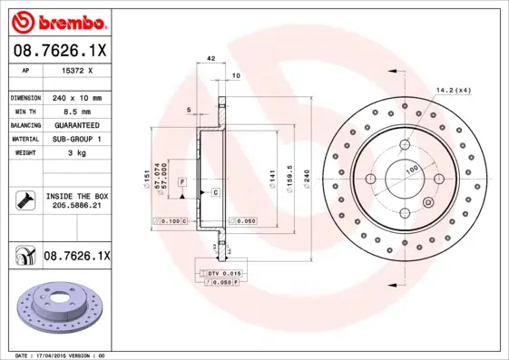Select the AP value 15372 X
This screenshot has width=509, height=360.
tap(78, 70)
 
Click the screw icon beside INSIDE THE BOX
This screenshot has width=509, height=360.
tap(24, 199)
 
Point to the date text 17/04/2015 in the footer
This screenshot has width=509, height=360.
tap(64, 355)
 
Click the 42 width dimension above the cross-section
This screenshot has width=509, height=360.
tap(210, 59)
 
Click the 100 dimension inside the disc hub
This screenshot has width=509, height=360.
tap(411, 169)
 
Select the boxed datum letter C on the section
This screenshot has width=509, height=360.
tap(216, 193)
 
